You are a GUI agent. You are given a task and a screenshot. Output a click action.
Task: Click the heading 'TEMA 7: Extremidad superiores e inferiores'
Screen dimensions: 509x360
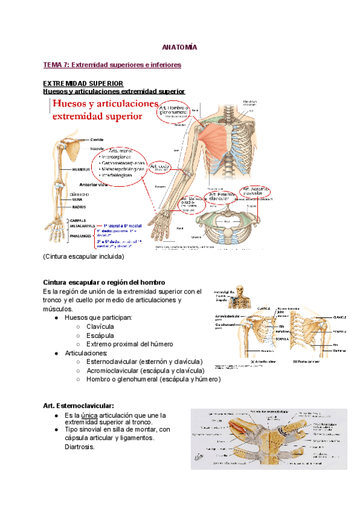click(112, 64)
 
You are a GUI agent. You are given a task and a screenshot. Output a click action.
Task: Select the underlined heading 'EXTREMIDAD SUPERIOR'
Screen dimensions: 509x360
click(83, 83)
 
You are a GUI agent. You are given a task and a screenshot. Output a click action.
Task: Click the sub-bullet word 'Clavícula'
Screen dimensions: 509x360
click(100, 327)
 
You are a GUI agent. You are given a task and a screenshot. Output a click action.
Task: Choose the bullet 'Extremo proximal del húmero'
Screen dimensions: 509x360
click(130, 344)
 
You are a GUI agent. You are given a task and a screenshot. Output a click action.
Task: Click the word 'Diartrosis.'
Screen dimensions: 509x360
click(79, 447)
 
